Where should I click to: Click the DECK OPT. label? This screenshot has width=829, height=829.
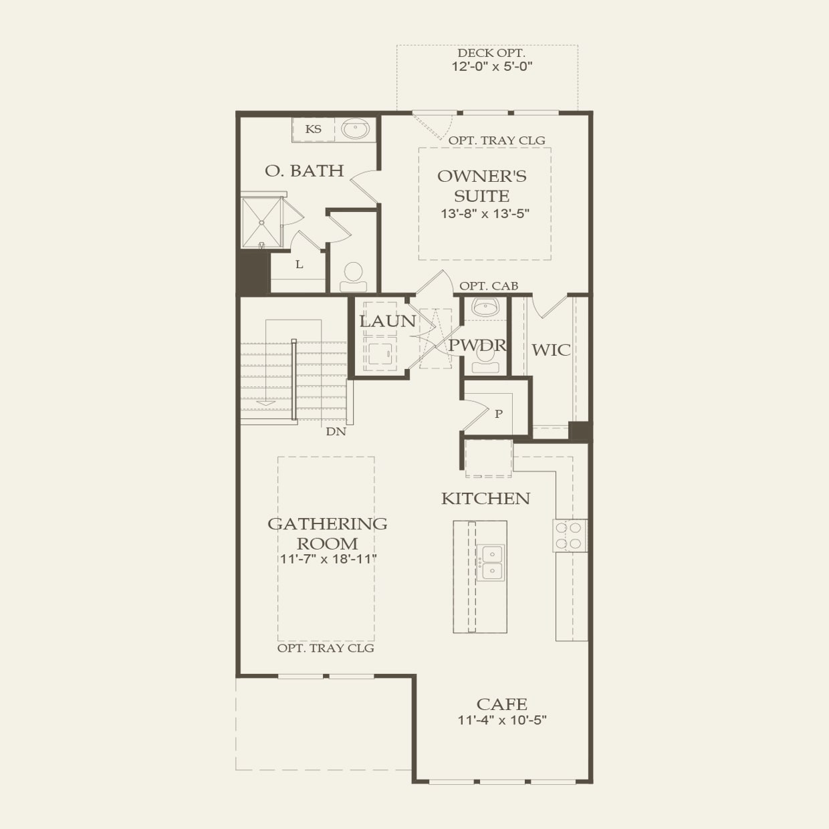pyautogui.click(x=491, y=53)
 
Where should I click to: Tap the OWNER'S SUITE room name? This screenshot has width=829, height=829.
pyautogui.click(x=481, y=186)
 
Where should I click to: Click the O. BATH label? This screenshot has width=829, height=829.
pyautogui.click(x=304, y=171)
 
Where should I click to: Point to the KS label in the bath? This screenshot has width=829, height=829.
pyautogui.click(x=313, y=130)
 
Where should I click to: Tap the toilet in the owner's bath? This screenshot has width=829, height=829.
pyautogui.click(x=353, y=275)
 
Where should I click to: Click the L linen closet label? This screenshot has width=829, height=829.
pyautogui.click(x=299, y=265)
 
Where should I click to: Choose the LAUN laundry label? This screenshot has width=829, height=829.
pyautogui.click(x=388, y=321)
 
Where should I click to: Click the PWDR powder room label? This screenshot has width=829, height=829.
pyautogui.click(x=477, y=346)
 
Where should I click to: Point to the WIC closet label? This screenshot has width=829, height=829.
pyautogui.click(x=551, y=350)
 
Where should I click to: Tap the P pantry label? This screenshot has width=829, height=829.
pyautogui.click(x=499, y=414)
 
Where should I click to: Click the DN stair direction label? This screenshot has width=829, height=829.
pyautogui.click(x=336, y=432)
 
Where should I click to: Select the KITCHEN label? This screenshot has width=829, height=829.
pyautogui.click(x=485, y=499)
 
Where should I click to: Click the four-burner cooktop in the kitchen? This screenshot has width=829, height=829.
pyautogui.click(x=570, y=536)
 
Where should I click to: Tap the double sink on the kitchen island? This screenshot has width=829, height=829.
pyautogui.click(x=489, y=563)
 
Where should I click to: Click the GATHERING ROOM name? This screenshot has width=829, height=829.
pyautogui.click(x=328, y=533)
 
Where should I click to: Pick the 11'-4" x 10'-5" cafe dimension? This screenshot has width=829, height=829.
pyautogui.click(x=502, y=721)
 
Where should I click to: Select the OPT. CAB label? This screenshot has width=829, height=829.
pyautogui.click(x=489, y=286)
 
